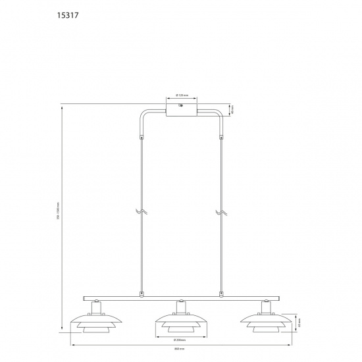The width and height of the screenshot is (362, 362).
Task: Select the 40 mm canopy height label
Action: point(233,109)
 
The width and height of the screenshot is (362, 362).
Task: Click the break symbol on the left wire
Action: point(140,212)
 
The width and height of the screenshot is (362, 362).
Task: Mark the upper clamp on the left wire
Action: point(140,138)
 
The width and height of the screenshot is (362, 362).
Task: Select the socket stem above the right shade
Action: point(265,305)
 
